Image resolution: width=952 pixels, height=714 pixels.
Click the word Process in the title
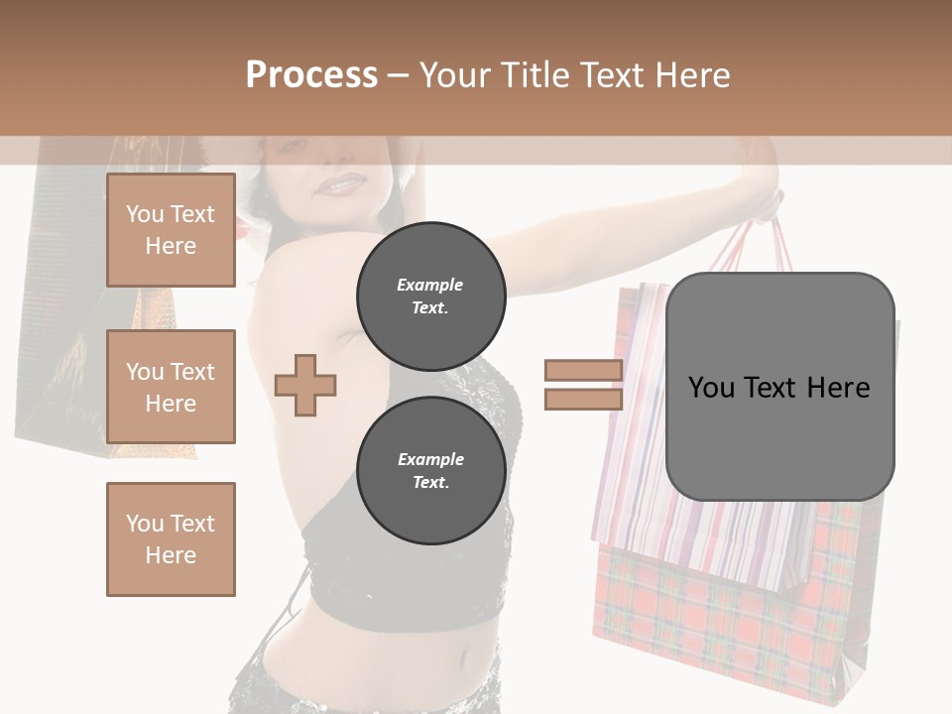[311, 75]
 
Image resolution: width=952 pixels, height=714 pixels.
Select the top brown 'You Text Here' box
[171, 230]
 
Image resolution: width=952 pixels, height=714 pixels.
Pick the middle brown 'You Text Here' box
[171, 387]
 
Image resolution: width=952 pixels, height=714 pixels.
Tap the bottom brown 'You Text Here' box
[171, 538]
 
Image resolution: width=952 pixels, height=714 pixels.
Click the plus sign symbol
[305, 386]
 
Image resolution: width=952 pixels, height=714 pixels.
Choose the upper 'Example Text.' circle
[430, 296]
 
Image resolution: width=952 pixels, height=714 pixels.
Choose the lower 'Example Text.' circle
[430, 470]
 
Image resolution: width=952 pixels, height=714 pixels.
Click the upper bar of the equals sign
[584, 371]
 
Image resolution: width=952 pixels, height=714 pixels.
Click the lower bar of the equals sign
[584, 399]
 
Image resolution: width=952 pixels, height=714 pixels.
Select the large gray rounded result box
[779, 387]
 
